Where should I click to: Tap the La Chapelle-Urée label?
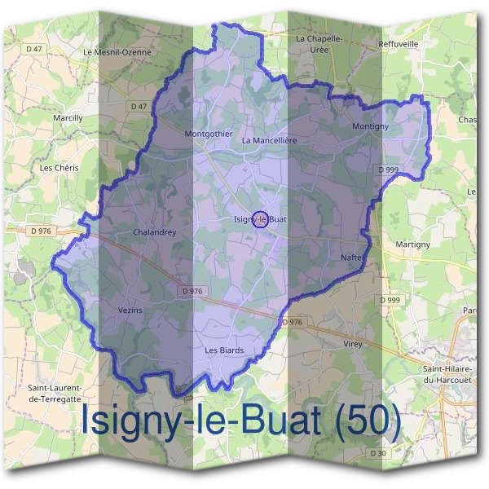point(315,43)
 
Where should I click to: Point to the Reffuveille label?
point(399,44)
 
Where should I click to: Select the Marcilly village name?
point(68,118)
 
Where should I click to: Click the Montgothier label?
point(209,134)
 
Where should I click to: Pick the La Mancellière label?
point(269,140)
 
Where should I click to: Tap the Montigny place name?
point(370,127)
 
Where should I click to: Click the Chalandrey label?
point(154,232)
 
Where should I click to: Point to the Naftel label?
point(352,258)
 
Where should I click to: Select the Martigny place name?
point(412,244)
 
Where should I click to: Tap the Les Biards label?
point(224,350)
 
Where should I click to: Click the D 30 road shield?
point(377,453)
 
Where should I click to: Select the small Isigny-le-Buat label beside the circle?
point(261,219)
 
